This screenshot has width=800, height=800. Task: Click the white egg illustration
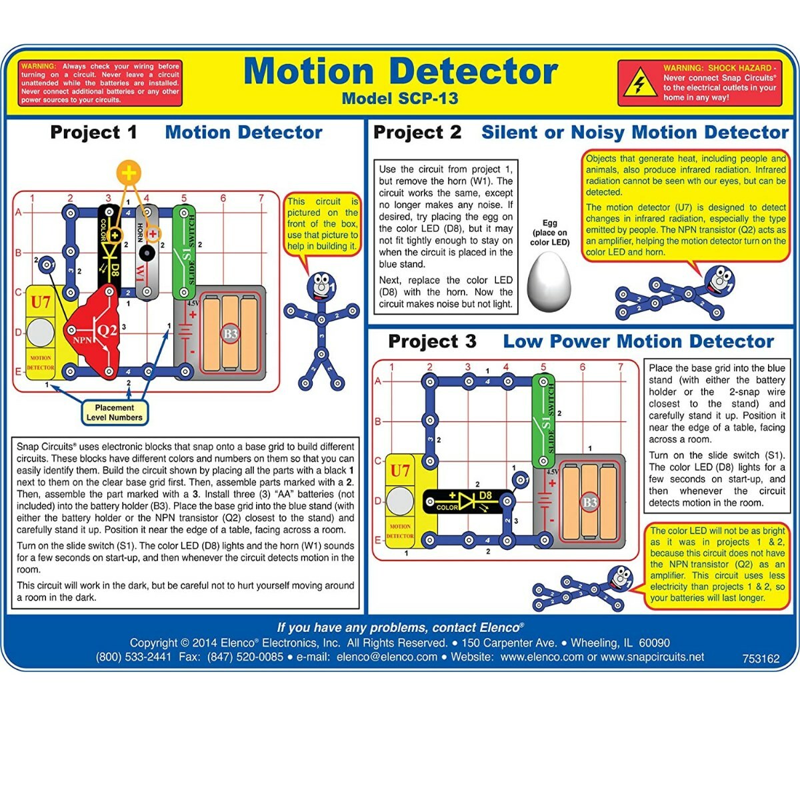[x=549, y=281]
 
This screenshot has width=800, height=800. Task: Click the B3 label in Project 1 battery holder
[x=230, y=334]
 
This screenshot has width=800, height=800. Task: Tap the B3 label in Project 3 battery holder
[x=589, y=502]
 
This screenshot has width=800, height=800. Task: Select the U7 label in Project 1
[x=41, y=302]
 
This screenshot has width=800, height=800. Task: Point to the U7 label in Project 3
[x=400, y=471]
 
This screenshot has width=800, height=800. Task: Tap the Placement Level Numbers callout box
[x=114, y=413]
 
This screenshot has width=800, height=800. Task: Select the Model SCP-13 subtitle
[x=399, y=99]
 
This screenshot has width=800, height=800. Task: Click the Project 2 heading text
[x=417, y=132]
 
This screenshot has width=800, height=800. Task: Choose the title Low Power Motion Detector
[x=638, y=341]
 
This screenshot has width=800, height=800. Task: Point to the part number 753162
[x=761, y=659]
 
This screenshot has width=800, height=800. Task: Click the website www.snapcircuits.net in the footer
[x=652, y=657]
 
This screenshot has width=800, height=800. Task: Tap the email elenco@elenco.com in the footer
[x=387, y=657]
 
